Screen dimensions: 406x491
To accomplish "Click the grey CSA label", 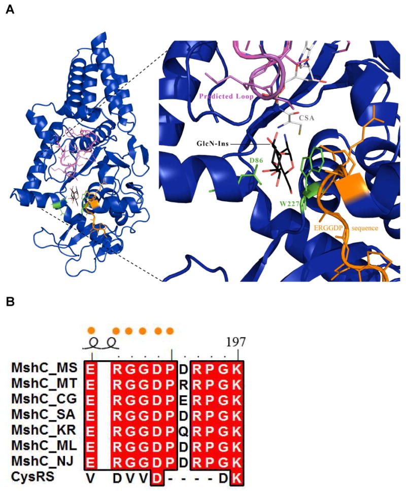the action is click(x=308, y=118).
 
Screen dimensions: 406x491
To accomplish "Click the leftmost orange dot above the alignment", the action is click(x=91, y=330).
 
